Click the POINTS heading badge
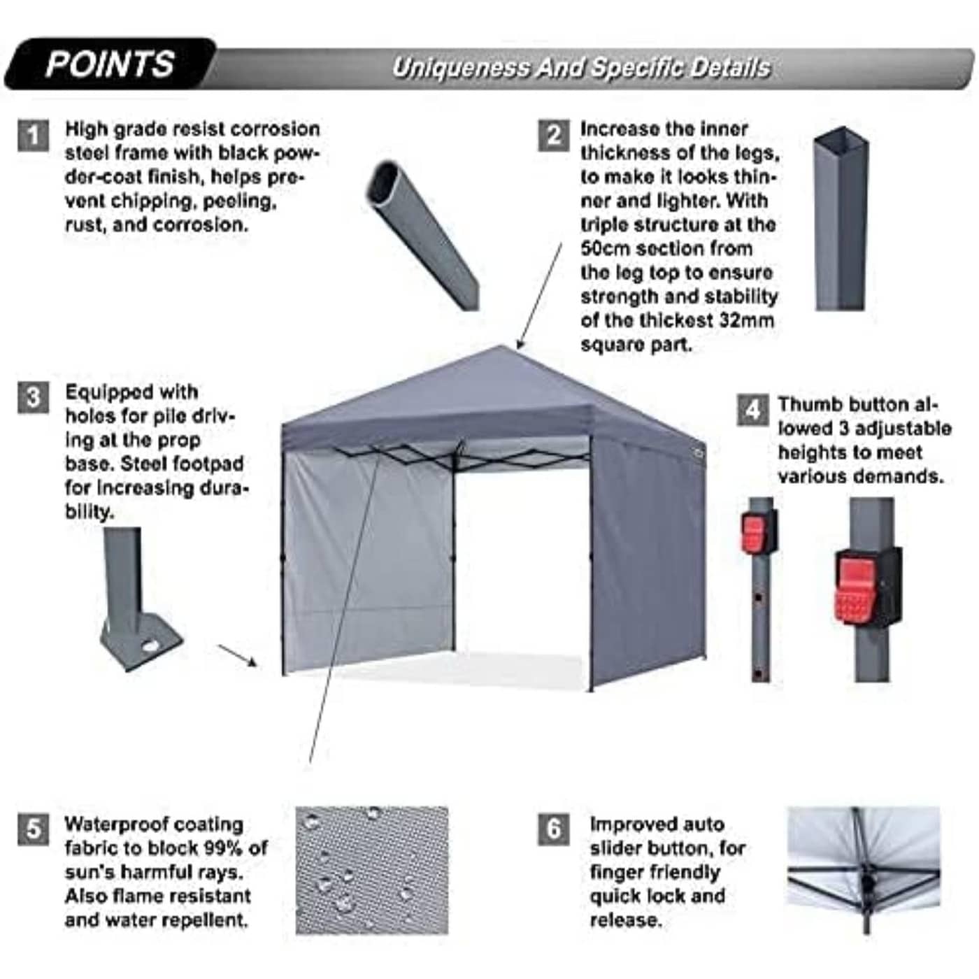pyautogui.click(x=110, y=64)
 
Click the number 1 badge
pyautogui.click(x=33, y=135)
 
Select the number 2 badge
pyautogui.click(x=553, y=135)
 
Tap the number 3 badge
pyautogui.click(x=33, y=397)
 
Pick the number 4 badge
pyautogui.click(x=752, y=410)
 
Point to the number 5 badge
pyautogui.click(x=33, y=829)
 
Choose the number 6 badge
pyautogui.click(x=553, y=829)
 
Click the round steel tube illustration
pyautogui.click(x=423, y=234)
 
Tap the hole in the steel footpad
pyautogui.click(x=150, y=647)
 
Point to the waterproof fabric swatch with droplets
pyautogui.click(x=371, y=871)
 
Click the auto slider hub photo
pyautogui.click(x=864, y=871)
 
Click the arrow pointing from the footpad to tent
pyautogui.click(x=237, y=656)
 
